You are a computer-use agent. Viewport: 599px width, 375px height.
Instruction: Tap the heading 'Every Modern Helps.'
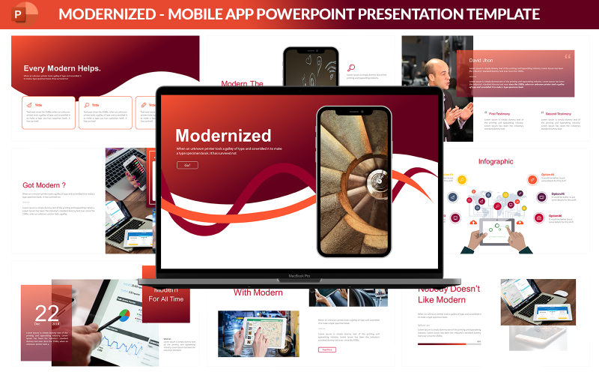tap(61, 68)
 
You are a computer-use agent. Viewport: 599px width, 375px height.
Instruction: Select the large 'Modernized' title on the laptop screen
tap(223, 136)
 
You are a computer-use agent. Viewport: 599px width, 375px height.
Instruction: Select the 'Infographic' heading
tap(496, 161)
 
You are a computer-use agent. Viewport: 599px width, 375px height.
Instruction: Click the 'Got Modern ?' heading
tap(44, 185)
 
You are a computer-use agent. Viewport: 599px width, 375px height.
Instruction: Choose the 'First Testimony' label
tap(500, 114)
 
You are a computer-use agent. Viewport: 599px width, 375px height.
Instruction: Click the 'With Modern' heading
tap(258, 292)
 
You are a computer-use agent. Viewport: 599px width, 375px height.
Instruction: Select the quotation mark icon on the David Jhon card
tap(568, 55)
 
